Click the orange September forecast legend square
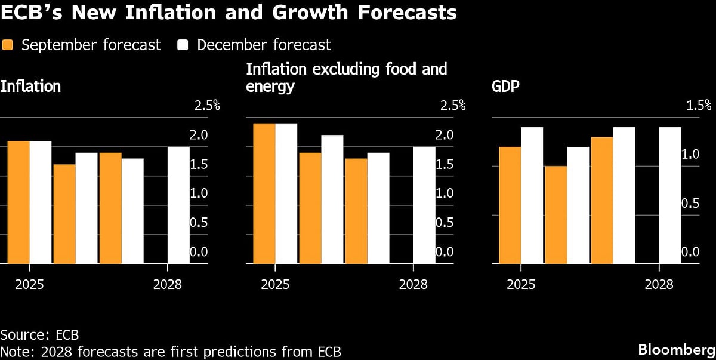click(7, 45)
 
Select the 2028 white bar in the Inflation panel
click(178, 205)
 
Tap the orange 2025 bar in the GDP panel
click(510, 205)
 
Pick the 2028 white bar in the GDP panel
click(670, 195)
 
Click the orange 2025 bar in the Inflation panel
click(18, 202)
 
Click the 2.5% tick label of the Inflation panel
click(207, 106)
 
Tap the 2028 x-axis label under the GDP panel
click(659, 284)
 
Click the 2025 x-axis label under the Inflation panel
click(29, 284)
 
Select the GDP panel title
click(505, 87)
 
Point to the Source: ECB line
click(39, 334)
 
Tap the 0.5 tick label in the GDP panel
click(690, 204)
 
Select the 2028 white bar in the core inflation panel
click(425, 205)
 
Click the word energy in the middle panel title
click(270, 87)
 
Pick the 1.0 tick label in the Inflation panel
click(199, 193)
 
